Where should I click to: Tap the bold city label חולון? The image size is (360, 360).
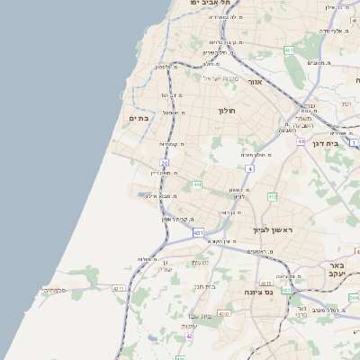pos(226,111)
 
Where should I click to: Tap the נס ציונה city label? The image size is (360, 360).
pos(260,292)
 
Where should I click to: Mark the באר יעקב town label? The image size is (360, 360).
pos(336,271)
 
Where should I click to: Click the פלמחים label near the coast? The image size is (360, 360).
pos(53,291)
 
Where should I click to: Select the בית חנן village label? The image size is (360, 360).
pos(206,286)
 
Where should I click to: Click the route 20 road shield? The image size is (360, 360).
pos(164,163)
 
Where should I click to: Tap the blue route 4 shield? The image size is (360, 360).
pos(249,167)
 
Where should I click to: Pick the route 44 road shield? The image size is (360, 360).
pos(301,141)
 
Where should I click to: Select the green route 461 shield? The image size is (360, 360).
pos(289,50)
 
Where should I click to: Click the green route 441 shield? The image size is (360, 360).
pos(196,184)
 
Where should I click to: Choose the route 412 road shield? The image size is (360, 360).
pos(272,196)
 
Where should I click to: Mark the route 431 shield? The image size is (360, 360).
pos(198,232)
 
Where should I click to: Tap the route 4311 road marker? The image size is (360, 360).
pos(119,288)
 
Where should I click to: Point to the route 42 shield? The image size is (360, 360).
pos(190,336)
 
